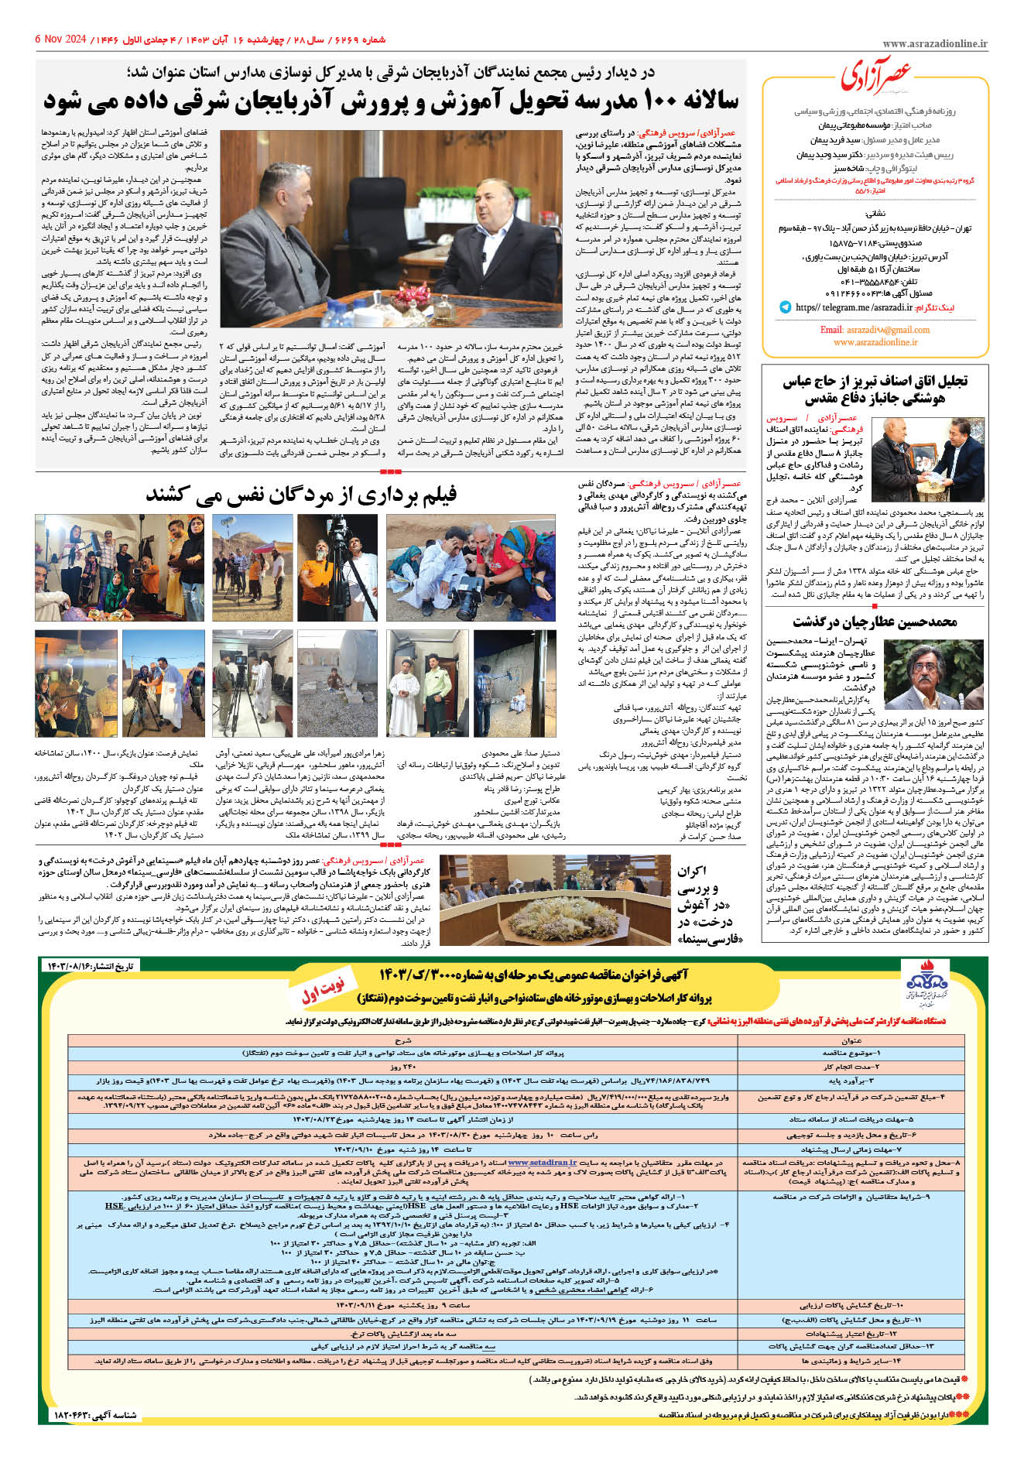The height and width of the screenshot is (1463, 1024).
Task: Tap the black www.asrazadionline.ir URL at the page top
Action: coord(934,44)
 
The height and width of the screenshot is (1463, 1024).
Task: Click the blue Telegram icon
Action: coord(786,307)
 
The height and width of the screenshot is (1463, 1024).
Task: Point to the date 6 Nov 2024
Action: coord(61,39)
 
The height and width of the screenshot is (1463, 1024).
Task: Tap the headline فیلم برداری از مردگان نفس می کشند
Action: coord(301,494)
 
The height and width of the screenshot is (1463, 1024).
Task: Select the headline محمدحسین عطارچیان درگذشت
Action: coord(875,622)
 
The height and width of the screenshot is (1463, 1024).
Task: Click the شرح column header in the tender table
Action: coord(402,1041)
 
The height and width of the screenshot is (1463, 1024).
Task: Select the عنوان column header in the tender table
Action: coord(851,1041)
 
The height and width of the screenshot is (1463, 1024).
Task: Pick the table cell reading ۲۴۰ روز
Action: coord(402,1067)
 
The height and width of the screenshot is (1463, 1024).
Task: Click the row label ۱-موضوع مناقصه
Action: coord(851,1054)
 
